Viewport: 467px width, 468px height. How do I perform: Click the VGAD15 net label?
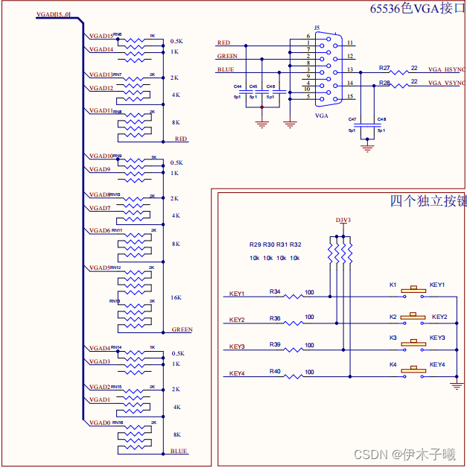tap(101, 36)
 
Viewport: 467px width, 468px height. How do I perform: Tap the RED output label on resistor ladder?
tap(181, 139)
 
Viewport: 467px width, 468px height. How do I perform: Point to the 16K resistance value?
tap(176, 297)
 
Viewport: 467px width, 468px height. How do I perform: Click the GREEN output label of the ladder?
tap(182, 329)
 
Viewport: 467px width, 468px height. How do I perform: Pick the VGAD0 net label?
tap(100, 423)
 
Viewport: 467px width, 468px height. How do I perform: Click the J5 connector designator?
tap(317, 28)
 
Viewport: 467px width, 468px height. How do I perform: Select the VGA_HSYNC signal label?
tap(445, 69)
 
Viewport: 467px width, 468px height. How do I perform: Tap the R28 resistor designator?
tap(384, 83)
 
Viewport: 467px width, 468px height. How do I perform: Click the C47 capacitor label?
tap(352, 119)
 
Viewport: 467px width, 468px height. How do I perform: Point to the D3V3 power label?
tap(343, 220)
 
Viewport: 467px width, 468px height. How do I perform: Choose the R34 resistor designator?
tap(275, 291)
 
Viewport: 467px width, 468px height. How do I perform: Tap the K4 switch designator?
tap(393, 364)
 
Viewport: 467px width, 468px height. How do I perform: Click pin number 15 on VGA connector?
tap(349, 97)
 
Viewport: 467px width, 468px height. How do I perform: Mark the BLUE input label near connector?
tap(225, 69)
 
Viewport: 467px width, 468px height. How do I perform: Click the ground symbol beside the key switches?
tap(457, 385)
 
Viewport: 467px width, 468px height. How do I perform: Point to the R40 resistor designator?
tap(275, 370)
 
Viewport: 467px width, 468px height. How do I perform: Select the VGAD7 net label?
tap(100, 208)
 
